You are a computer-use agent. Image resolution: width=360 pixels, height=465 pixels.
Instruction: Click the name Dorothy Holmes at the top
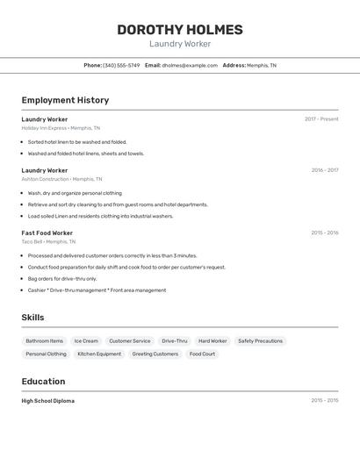click(x=180, y=30)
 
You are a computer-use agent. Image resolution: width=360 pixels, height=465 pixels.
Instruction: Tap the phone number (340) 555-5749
click(x=121, y=65)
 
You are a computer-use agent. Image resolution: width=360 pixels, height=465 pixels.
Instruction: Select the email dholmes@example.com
click(x=190, y=65)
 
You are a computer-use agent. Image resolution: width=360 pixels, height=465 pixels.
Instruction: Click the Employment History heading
click(x=65, y=100)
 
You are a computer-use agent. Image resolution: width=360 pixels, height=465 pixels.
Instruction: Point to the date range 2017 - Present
click(x=321, y=118)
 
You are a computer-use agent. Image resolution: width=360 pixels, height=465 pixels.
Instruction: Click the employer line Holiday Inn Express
click(x=61, y=127)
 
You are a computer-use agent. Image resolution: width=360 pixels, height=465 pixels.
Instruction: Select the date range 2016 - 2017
click(x=325, y=170)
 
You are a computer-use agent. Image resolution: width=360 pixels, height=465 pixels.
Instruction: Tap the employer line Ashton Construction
click(x=61, y=179)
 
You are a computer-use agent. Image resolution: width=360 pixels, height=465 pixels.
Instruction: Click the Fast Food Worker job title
click(x=47, y=232)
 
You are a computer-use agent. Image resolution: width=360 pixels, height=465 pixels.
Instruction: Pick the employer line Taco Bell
click(x=48, y=241)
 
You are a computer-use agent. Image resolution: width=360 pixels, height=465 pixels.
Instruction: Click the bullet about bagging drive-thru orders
click(x=62, y=278)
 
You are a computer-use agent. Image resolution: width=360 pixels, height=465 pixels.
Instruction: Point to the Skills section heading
click(x=33, y=318)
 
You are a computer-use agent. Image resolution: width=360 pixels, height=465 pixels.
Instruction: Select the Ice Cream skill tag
click(x=86, y=340)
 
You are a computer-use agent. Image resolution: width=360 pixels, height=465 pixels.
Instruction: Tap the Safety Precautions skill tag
click(x=260, y=340)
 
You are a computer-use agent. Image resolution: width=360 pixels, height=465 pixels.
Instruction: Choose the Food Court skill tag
click(x=202, y=354)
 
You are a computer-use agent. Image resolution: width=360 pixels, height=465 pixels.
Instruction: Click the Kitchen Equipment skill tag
click(x=99, y=354)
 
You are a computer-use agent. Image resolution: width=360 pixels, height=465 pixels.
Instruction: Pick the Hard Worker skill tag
click(x=212, y=340)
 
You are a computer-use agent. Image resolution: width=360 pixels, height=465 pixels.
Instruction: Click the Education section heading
click(x=43, y=381)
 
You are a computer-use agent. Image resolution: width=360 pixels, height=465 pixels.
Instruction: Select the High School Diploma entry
click(x=48, y=400)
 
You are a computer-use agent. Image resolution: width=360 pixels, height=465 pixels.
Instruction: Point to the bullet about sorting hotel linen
click(x=77, y=141)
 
